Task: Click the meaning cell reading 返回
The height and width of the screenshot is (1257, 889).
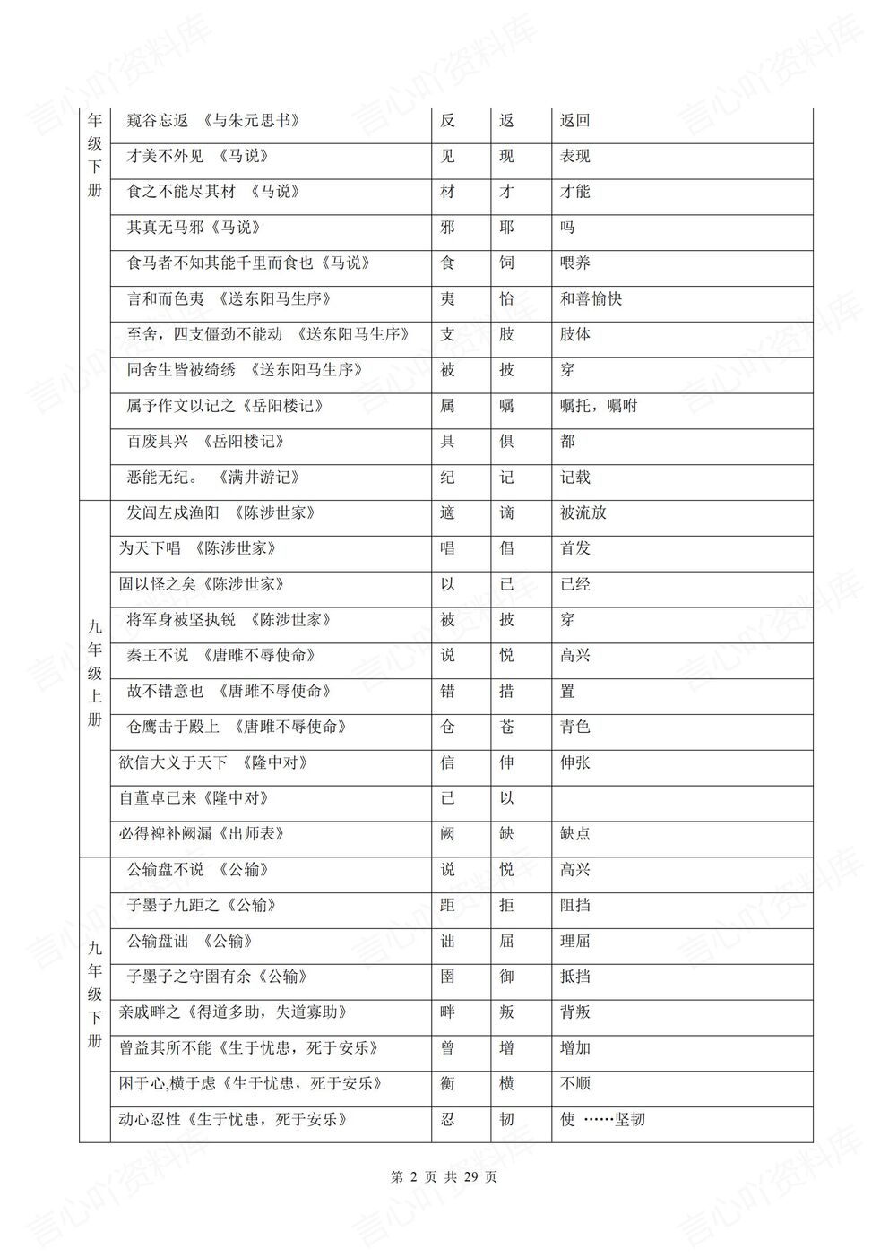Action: [575, 121]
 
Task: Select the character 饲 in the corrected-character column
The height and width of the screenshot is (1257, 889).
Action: [507, 263]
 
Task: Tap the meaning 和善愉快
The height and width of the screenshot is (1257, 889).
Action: [591, 299]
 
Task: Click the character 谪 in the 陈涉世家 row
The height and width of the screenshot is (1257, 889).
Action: [507, 513]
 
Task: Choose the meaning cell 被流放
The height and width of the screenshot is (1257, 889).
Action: [583, 513]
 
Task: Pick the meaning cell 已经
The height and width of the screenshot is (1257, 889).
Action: [575, 584]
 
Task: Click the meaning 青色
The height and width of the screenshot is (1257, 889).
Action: [575, 727]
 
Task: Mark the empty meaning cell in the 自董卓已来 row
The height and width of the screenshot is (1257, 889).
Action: [681, 798]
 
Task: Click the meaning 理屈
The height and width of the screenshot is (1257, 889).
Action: [575, 942]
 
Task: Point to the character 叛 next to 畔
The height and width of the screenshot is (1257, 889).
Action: [507, 1012]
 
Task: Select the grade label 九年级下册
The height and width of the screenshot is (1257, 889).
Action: [95, 994]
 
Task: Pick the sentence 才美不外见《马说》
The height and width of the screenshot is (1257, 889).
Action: [198, 157]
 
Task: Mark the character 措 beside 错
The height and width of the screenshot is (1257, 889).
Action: [507, 692]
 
